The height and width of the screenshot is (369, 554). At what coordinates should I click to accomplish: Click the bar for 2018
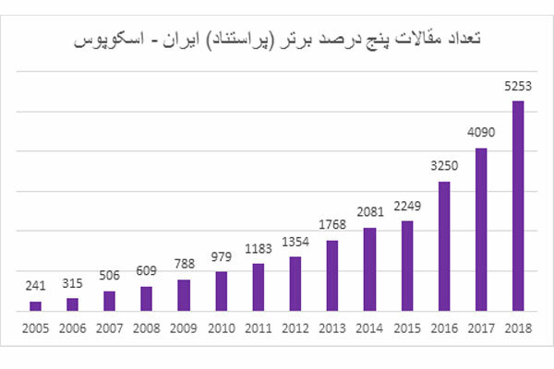tap(518, 207)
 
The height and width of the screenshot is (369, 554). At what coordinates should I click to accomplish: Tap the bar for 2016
tap(443, 247)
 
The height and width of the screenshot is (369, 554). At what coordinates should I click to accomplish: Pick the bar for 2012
tap(295, 284)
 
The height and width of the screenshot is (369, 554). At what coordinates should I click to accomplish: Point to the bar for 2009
tap(184, 296)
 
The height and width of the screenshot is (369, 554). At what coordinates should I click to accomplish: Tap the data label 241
tap(35, 285)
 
